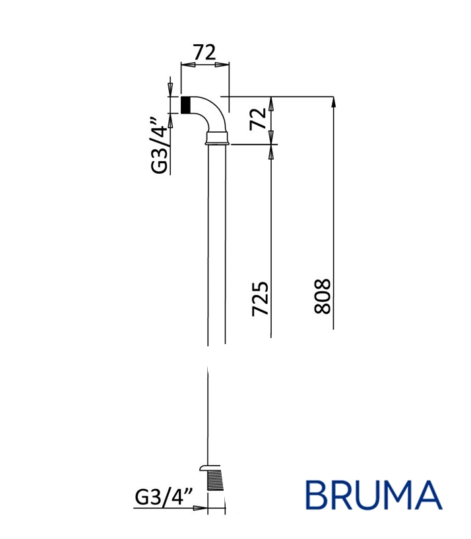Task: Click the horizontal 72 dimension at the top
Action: coord(204,53)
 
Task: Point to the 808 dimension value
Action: coord(323,295)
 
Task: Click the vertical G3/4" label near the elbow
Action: coord(160,145)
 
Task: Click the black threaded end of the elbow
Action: coord(186,105)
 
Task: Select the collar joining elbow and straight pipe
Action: coord(217,138)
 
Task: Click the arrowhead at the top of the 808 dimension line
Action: coord(334,101)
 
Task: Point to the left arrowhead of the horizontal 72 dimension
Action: coord(185,65)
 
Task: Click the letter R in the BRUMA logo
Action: coord(343,495)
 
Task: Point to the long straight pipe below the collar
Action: coord(217,251)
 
